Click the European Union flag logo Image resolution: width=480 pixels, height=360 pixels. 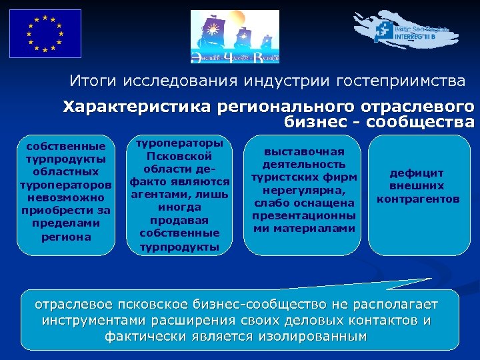click(45, 33)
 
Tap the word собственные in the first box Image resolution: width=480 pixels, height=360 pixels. click(65, 146)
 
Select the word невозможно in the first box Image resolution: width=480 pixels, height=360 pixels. click(65, 198)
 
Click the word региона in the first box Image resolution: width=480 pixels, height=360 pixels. click(65, 237)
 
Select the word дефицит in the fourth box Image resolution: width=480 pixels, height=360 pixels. click(417, 173)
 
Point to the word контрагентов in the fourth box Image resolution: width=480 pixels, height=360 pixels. click(417, 199)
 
